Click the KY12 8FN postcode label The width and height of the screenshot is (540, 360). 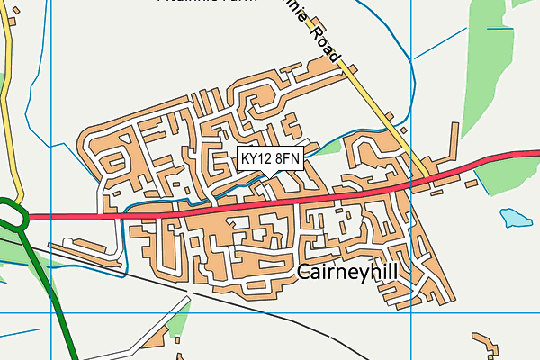click(270, 158)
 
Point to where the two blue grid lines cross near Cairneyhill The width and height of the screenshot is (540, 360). click(410, 312)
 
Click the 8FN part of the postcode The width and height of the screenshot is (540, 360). click(287, 158)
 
